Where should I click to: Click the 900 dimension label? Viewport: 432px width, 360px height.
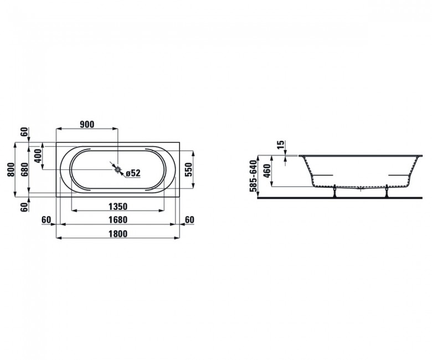(87, 125)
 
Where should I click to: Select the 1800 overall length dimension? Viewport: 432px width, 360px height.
(118, 234)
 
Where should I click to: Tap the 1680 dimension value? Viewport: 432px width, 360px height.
(118, 220)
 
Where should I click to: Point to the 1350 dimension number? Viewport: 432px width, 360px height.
(118, 206)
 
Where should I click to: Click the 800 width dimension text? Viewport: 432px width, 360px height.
(11, 169)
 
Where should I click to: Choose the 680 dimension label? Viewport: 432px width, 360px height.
(24, 169)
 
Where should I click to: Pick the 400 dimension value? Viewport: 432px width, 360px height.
(38, 156)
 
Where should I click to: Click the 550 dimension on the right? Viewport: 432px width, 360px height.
(188, 169)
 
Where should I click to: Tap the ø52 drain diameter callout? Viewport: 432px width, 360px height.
(133, 173)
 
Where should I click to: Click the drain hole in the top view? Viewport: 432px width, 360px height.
(118, 169)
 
